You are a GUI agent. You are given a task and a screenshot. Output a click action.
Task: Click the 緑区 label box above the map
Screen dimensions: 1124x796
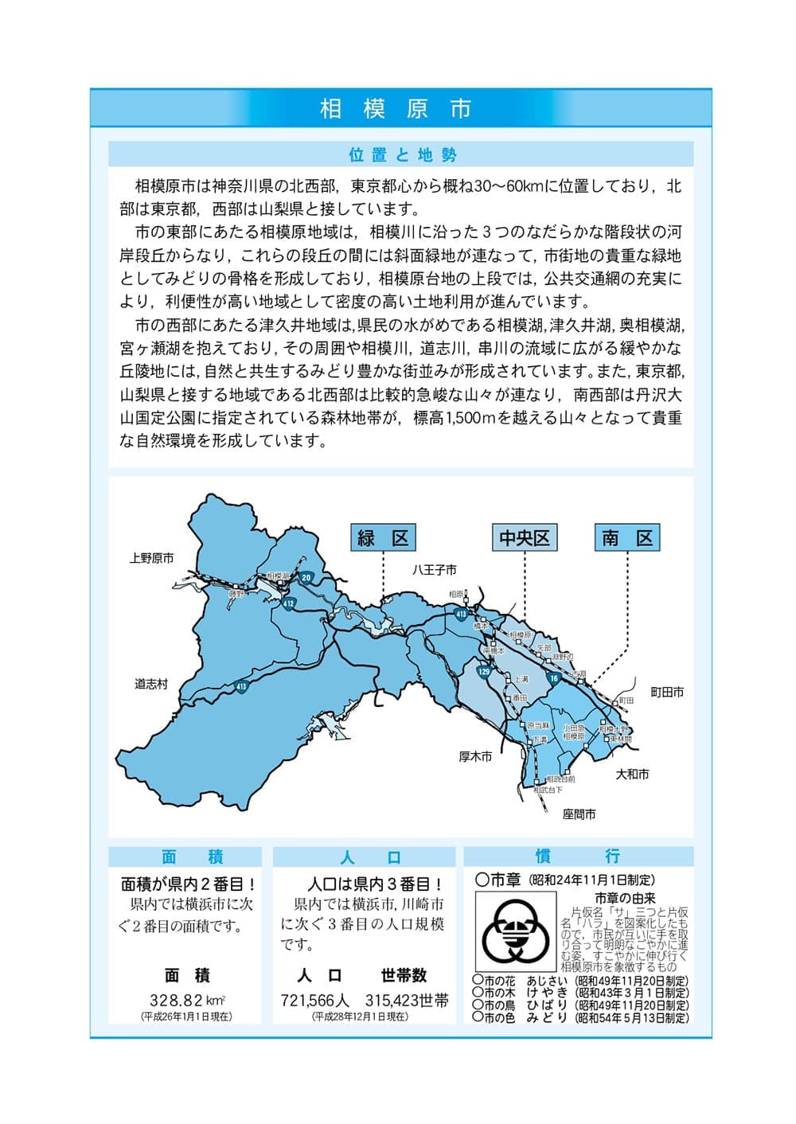coord(383,538)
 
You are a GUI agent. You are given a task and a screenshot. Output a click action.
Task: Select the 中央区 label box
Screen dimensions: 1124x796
coord(524,538)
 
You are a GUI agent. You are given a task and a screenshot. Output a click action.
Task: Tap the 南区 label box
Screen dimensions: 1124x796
coord(627,538)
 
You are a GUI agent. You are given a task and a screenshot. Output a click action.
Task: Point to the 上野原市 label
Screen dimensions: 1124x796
coord(151,559)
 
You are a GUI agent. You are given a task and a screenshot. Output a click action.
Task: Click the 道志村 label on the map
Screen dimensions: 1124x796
coord(151,684)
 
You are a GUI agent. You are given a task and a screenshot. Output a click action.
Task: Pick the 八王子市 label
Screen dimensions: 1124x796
coord(435,570)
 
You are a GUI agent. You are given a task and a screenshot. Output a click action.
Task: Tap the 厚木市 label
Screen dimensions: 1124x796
coord(475,756)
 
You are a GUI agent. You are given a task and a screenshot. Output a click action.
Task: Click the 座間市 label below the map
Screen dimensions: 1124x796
coord(579,814)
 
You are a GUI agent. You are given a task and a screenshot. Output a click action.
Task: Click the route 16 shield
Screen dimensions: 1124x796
coord(554,677)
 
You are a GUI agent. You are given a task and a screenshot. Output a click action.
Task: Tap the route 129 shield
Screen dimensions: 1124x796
coord(484,673)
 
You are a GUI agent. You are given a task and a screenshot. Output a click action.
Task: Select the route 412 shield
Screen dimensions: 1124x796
coord(288,605)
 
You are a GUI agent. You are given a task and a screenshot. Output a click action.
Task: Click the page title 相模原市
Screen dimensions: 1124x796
coord(396,108)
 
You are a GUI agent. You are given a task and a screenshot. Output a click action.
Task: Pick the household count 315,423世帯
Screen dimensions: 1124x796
coord(407,1001)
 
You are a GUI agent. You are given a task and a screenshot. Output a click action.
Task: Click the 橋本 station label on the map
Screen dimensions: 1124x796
coord(480,626)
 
